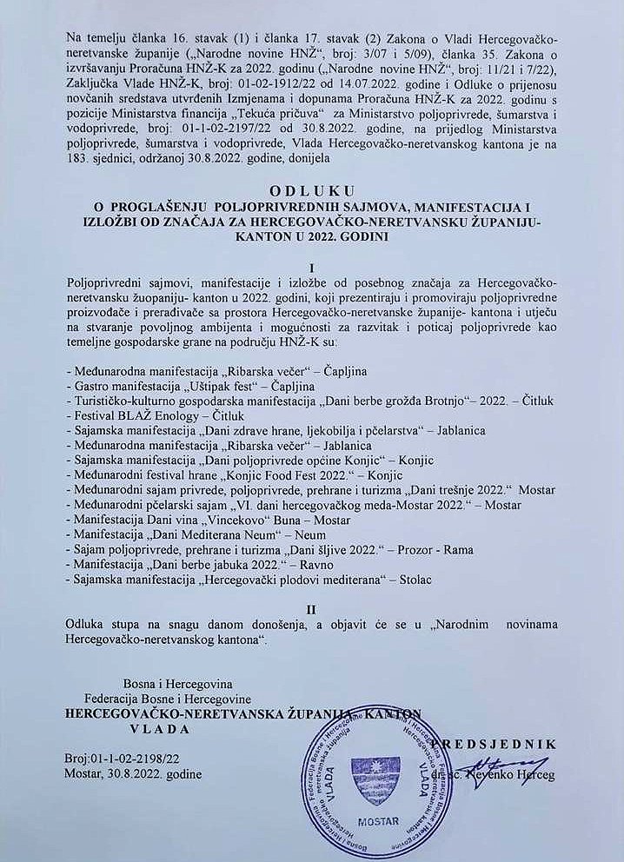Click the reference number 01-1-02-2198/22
coord(140,758)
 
